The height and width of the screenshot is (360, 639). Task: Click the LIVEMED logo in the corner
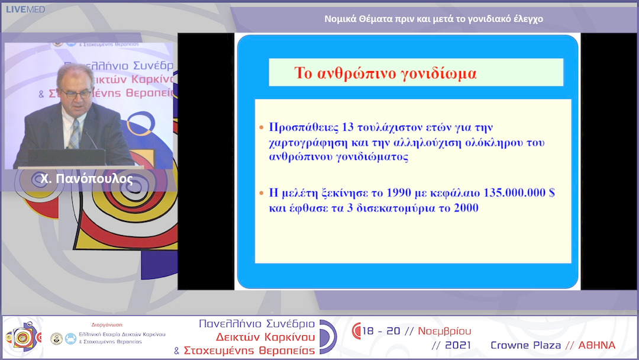click(24, 9)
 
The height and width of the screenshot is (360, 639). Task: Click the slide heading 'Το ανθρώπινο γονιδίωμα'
click(385, 74)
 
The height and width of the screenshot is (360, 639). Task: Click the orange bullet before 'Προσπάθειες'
click(262, 128)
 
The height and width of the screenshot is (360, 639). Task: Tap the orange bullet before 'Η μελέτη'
click(262, 194)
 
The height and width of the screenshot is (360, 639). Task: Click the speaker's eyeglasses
click(77, 93)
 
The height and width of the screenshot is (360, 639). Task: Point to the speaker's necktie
click(74, 134)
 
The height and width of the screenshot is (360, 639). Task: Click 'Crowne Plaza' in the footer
click(525, 345)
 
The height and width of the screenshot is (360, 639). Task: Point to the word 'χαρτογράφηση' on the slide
click(304, 143)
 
